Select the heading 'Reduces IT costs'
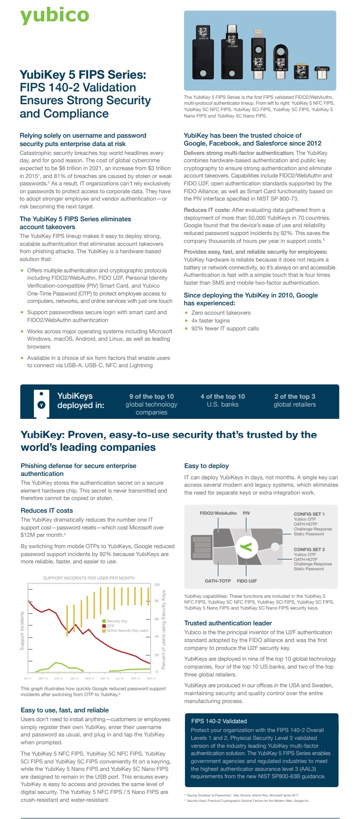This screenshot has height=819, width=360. [x=47, y=511]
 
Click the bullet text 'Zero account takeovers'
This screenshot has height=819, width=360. [x=221, y=313]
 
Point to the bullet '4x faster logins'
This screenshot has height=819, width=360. [x=210, y=321]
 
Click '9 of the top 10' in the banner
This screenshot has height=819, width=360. [x=151, y=396]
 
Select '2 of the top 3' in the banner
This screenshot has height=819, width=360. [x=295, y=396]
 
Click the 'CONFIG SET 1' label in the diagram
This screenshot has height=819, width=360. [x=309, y=514]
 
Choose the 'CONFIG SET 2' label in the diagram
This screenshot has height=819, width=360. [x=309, y=550]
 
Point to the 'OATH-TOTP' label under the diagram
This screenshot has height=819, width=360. [x=218, y=581]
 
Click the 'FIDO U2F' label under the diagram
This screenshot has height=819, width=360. [x=247, y=581]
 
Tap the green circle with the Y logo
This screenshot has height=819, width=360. [x=248, y=547]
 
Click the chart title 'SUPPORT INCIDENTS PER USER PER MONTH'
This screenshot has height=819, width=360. [x=89, y=578]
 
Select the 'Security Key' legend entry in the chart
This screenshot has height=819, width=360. [x=117, y=621]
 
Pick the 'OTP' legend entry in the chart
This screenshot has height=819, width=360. [x=110, y=626]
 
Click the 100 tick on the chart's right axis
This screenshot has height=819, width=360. [x=157, y=585]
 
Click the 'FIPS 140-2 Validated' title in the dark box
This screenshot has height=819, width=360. [x=219, y=721]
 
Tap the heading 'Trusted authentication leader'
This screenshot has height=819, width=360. [x=228, y=623]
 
